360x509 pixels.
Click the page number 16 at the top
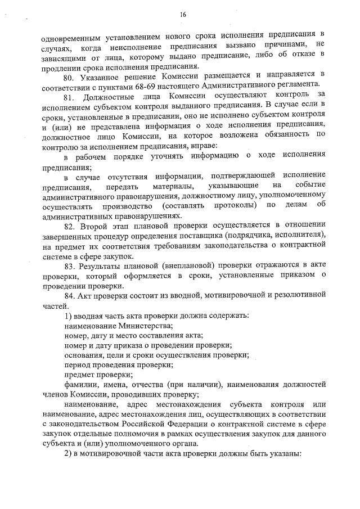pyautogui.click(x=183, y=15)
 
